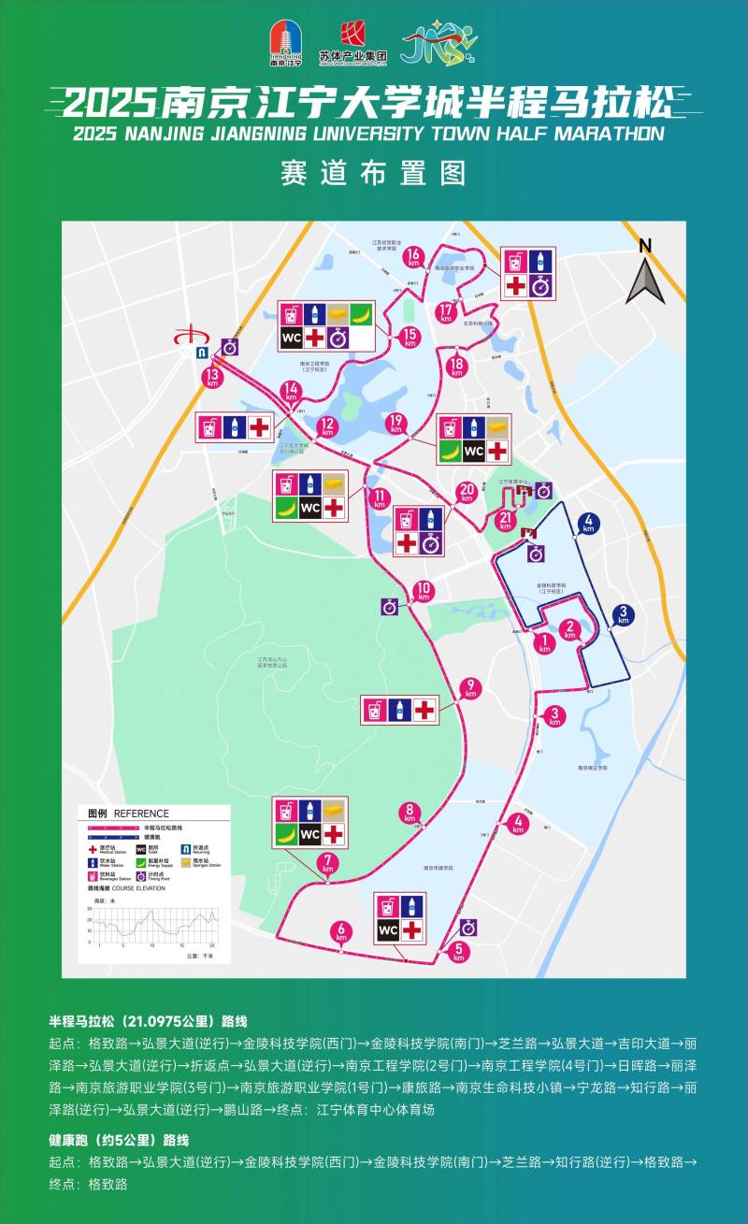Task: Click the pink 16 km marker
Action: pyautogui.click(x=413, y=255)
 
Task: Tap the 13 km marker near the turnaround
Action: pyautogui.click(x=212, y=377)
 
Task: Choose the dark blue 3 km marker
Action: pyautogui.click(x=624, y=615)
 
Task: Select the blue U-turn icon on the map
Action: pyautogui.click(x=200, y=353)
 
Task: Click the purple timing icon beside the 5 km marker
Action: pyautogui.click(x=468, y=928)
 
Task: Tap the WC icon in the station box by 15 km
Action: pyautogui.click(x=291, y=338)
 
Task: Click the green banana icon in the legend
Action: pyautogui.click(x=141, y=863)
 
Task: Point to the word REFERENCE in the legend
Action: pyautogui.click(x=142, y=814)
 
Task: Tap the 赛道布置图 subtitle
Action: pyautogui.click(x=373, y=174)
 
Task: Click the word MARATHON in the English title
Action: pyautogui.click(x=609, y=134)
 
